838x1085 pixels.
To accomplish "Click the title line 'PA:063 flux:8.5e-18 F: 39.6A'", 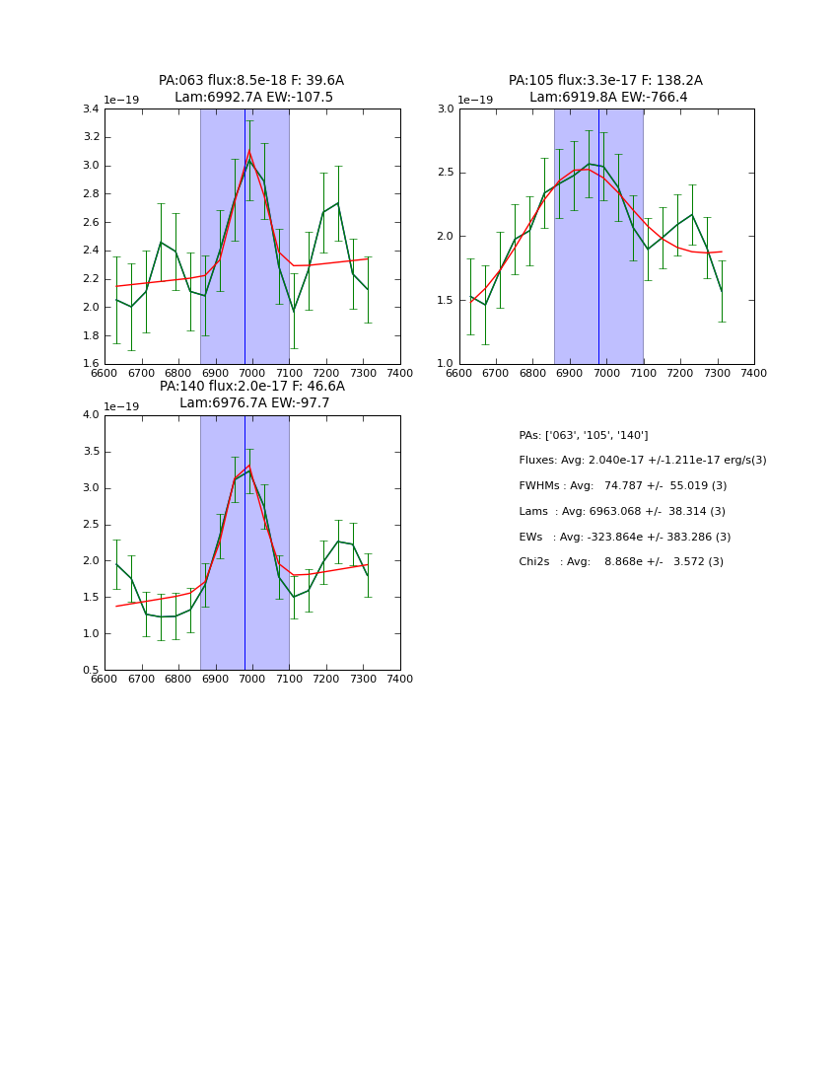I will pos(251,81).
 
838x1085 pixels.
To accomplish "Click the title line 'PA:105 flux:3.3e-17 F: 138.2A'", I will pos(605,81).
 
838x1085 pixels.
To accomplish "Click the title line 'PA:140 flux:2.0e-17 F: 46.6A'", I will pos(252,387).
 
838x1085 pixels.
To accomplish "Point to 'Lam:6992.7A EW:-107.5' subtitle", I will pos(253,98).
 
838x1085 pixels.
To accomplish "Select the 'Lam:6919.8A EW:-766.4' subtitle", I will pos(608,98).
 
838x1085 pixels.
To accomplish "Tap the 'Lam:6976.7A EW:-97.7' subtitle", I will pos(254,403).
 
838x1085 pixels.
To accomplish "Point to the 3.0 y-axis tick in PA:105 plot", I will pos(445,109).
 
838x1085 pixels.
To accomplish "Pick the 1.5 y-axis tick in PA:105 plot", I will pos(445,300).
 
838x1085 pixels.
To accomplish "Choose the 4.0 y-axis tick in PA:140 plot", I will pos(91,415).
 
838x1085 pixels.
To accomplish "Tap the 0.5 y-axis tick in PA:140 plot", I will pos(91,671).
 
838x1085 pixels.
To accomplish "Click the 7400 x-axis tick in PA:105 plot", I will pos(754,374).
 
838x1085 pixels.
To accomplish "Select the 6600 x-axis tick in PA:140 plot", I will pos(105,680).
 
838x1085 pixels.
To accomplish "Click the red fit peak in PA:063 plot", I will pos(249,151).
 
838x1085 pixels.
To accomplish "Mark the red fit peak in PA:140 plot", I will pos(249,466).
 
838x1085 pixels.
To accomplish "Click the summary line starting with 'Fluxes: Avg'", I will pos(642,461).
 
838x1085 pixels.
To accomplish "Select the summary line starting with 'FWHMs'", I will pos(622,486).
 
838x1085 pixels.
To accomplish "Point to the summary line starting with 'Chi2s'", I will pos(621,562).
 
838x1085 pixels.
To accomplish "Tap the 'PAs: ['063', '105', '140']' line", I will pos(584,436).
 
